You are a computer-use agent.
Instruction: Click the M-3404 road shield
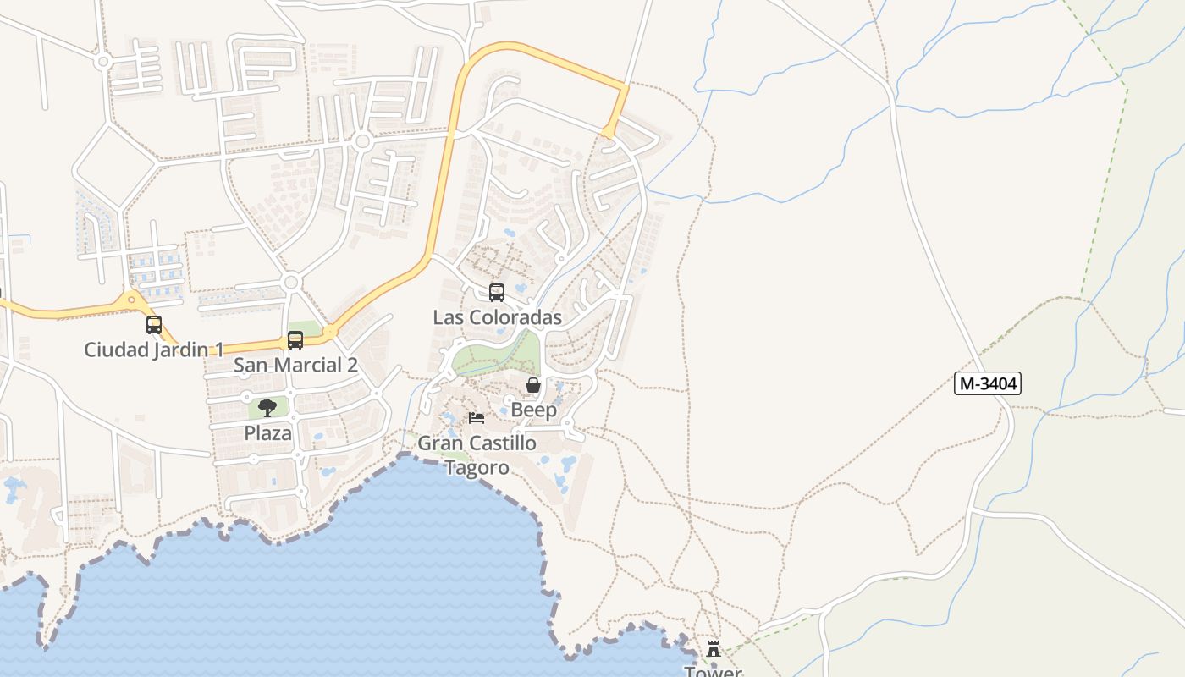988,383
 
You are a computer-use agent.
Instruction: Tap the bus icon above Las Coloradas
497,293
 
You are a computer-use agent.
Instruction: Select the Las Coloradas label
497,317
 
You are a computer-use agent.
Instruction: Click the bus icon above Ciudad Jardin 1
154,325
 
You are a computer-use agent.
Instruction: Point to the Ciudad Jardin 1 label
154,350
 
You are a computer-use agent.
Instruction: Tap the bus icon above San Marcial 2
295,340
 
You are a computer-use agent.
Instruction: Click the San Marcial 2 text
295,365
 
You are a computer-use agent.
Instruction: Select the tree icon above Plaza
267,408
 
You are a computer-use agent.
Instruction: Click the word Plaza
267,432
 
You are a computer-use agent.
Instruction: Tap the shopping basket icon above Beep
533,386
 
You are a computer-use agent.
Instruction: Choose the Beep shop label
533,410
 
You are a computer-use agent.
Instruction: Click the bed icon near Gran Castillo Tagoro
477,418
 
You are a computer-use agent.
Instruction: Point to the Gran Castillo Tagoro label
477,454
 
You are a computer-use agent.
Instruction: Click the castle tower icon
714,650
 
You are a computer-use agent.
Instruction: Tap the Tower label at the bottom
713,671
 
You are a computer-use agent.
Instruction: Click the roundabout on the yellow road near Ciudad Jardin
131,300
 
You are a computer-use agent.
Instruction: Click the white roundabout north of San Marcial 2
292,282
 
